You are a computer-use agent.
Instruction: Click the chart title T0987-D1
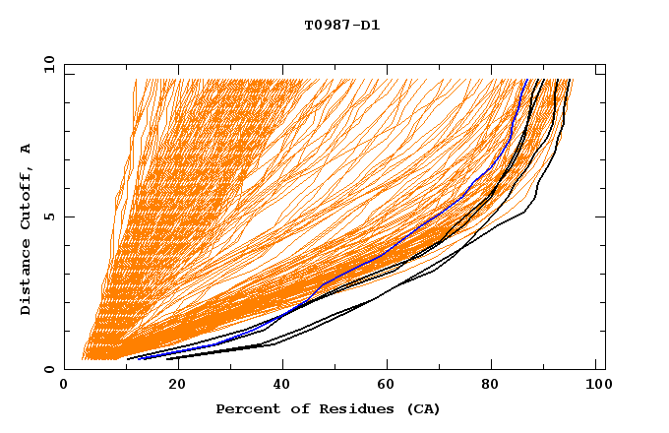(x=342, y=26)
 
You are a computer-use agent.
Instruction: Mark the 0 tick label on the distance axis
(x=48, y=370)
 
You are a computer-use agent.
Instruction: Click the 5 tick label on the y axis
(x=48, y=216)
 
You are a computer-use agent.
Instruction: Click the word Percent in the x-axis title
(x=245, y=409)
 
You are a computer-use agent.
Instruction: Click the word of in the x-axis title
(x=292, y=409)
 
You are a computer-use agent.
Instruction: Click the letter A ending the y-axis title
(x=27, y=149)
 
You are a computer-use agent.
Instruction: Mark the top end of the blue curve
(x=526, y=80)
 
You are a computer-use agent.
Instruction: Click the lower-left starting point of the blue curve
(x=139, y=358)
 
